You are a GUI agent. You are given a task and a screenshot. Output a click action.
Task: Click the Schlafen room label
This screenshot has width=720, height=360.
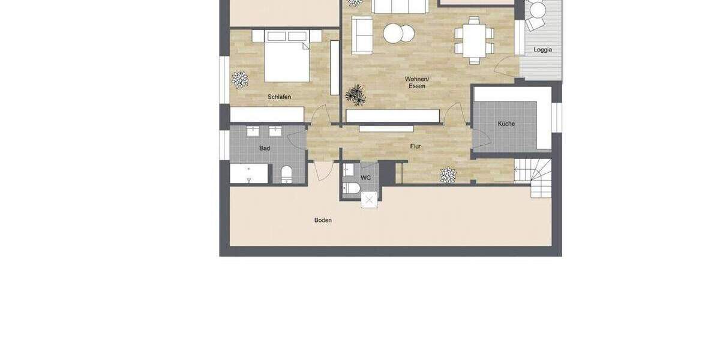280,97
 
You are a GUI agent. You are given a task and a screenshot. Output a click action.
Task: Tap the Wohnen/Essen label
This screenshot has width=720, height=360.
417,82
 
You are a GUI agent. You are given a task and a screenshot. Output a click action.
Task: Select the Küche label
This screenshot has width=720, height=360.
506,124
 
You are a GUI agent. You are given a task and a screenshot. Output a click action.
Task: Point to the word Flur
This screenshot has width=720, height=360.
416,146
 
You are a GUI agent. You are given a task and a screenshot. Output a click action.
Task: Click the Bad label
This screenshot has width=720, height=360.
265,148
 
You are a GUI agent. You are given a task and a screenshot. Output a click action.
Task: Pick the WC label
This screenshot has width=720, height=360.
365,178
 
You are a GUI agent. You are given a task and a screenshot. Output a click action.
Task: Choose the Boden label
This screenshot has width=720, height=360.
323,220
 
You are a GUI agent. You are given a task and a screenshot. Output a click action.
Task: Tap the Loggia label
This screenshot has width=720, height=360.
542,50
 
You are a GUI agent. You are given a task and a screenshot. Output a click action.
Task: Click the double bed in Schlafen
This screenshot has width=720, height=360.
287,57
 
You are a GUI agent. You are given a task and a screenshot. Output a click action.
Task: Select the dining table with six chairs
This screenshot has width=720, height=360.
474,40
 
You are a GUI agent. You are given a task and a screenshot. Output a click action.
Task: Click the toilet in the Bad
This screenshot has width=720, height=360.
286,174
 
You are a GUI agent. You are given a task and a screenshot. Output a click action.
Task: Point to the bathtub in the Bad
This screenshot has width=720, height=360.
249,173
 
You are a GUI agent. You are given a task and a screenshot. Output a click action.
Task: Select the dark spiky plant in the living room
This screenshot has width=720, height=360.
356,94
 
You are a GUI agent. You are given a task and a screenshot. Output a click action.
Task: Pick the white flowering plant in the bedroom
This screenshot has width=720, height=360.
240,80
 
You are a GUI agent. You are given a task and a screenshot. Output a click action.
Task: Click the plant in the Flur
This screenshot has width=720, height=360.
448,175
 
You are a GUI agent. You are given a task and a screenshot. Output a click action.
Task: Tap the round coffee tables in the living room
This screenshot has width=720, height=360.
398,33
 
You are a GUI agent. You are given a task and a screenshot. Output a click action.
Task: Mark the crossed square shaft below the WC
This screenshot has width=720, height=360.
370,200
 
